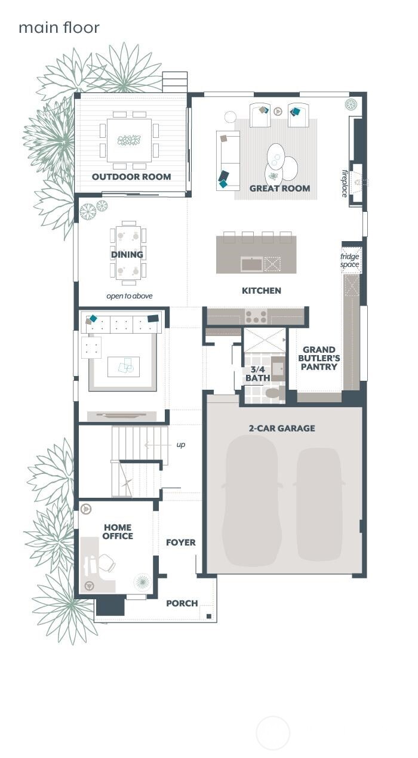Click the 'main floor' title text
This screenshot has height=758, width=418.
pyautogui.click(x=59, y=27)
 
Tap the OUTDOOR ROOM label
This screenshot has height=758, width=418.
pyautogui.click(x=131, y=177)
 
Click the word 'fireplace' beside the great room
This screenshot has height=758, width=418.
pyautogui.click(x=345, y=183)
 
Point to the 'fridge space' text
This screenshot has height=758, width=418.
pyautogui.click(x=350, y=261)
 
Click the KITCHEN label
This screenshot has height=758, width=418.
pyautogui.click(x=261, y=291)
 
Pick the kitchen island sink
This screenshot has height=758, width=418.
pyautogui.click(x=250, y=263)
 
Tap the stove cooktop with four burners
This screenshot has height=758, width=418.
pyautogui.click(x=256, y=316)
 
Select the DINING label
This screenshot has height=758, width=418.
pyautogui.click(x=127, y=255)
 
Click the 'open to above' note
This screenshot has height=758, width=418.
pyautogui.click(x=130, y=296)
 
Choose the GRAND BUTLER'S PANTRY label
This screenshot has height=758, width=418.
pyautogui.click(x=319, y=358)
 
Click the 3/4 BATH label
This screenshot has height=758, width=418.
pyautogui.click(x=257, y=374)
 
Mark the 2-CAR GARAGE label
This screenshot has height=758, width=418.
pyautogui.click(x=282, y=429)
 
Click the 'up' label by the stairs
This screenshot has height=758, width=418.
pyautogui.click(x=180, y=445)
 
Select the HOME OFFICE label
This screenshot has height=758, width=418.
pyautogui.click(x=118, y=532)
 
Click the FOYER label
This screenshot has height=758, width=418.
pyautogui.click(x=181, y=543)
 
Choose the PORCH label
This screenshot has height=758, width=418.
pyautogui.click(x=182, y=603)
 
